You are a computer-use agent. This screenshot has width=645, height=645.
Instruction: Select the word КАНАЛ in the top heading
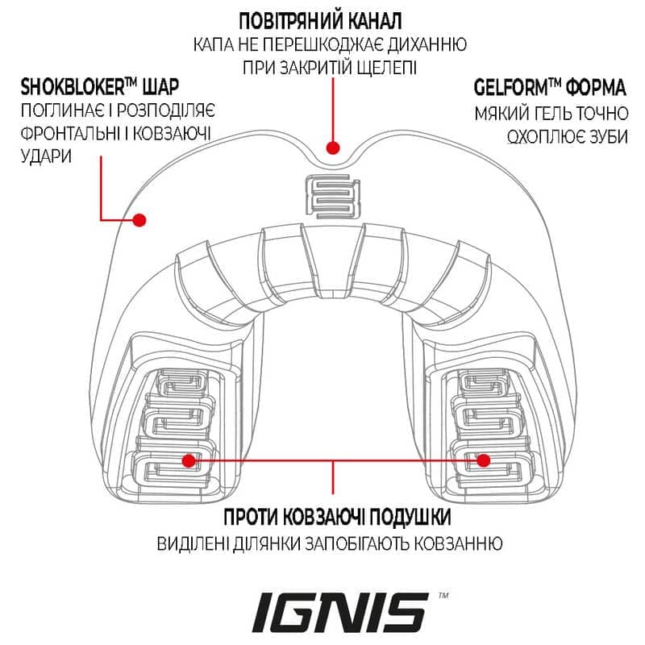[372, 21]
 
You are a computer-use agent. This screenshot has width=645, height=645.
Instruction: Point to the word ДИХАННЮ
[427, 44]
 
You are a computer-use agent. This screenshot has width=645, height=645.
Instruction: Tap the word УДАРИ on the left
[46, 156]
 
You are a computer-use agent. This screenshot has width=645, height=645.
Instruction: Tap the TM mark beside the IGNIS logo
[443, 595]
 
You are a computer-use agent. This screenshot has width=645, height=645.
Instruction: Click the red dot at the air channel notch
[333, 148]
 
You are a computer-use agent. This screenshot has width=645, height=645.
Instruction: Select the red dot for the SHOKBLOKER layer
[139, 220]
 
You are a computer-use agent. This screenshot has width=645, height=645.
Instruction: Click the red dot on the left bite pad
[189, 460]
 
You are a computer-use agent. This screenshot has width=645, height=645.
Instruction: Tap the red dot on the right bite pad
[484, 460]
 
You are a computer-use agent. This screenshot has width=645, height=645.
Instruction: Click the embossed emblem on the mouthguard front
[333, 196]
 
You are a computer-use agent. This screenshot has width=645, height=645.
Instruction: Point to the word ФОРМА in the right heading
[596, 87]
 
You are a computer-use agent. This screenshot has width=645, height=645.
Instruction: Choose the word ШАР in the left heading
[160, 87]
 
